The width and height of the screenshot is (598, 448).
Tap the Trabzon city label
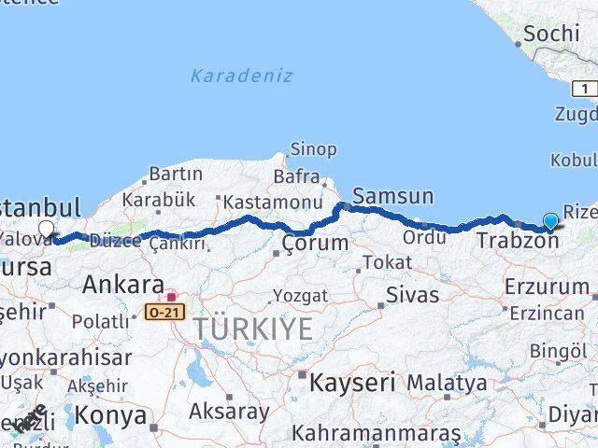(517, 241)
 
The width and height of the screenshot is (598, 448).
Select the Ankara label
(123, 285)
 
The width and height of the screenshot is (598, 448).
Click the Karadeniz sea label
(241, 76)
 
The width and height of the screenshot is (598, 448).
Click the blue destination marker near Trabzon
(550, 221)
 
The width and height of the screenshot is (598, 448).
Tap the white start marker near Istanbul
(46, 229)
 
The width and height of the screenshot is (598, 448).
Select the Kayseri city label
(352, 382)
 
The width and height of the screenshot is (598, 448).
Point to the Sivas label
(414, 296)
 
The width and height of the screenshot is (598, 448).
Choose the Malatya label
(447, 383)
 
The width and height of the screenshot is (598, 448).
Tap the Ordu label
(424, 237)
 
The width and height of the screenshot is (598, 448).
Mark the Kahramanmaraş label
(376, 433)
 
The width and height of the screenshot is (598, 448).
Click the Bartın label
(175, 175)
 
